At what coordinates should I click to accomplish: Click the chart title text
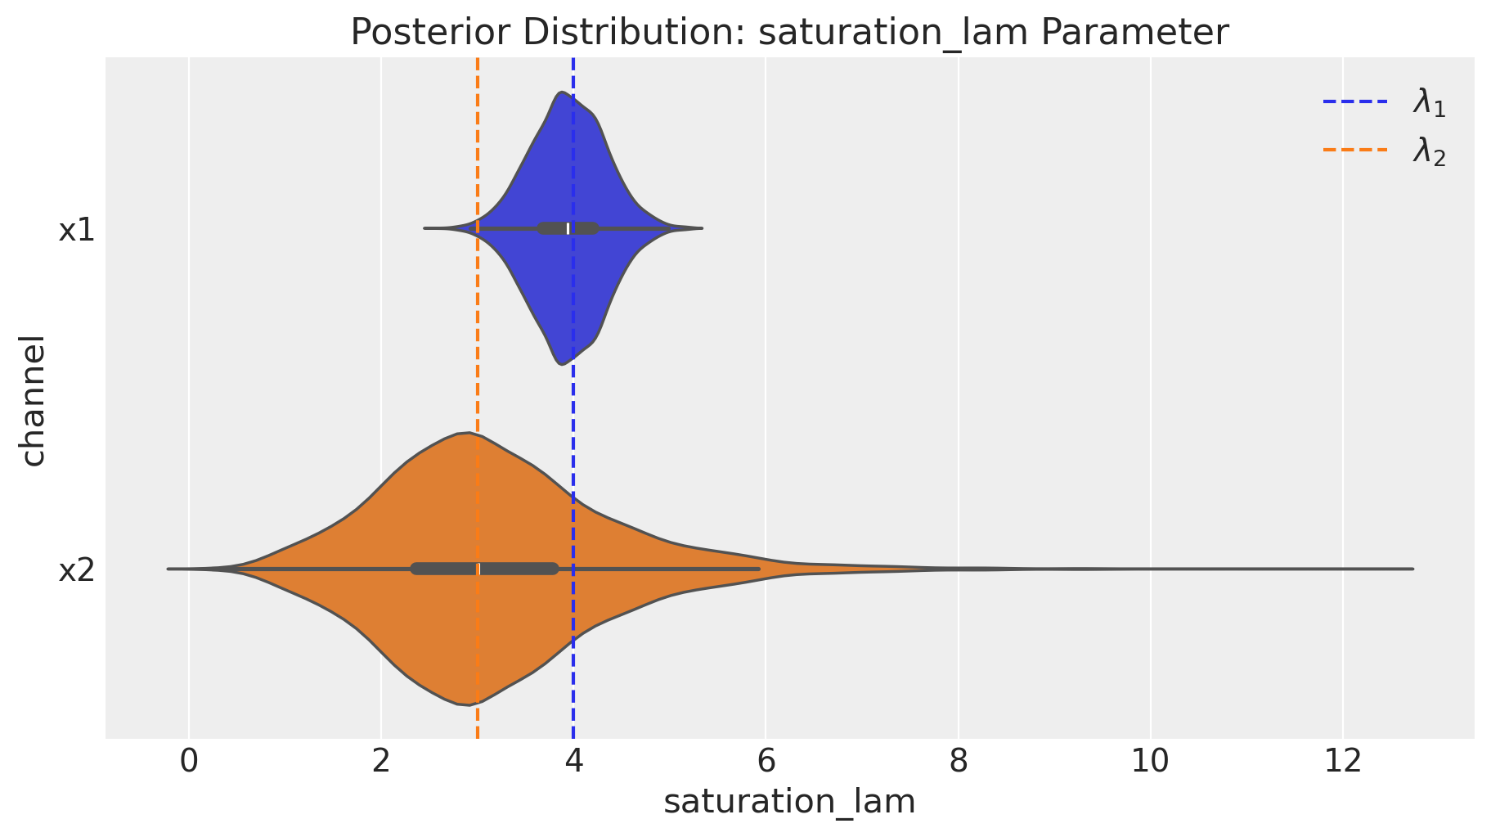tap(789, 33)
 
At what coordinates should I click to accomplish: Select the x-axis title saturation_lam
tap(789, 803)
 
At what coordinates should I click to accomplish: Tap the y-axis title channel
tap(34, 399)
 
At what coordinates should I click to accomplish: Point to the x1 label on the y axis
tap(77, 231)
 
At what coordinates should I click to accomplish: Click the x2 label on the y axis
tap(77, 570)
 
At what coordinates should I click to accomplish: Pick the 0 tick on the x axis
tap(189, 762)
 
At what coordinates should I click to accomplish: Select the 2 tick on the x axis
tap(381, 762)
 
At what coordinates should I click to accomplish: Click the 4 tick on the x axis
tap(573, 762)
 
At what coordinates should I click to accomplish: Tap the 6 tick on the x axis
tap(766, 762)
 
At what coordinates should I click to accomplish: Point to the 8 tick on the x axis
tap(958, 762)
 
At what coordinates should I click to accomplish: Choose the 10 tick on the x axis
tap(1150, 762)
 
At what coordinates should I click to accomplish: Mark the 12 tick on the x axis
tap(1342, 762)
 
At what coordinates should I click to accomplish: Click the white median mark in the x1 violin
tap(568, 228)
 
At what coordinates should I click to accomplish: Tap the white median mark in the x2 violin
tap(479, 569)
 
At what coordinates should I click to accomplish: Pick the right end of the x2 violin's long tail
tap(1412, 569)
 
